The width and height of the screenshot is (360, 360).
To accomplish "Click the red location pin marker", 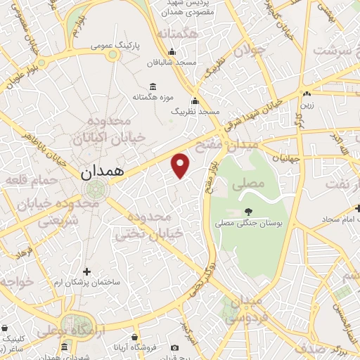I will click(181, 165).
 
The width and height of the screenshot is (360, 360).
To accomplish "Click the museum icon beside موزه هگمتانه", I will click(153, 86).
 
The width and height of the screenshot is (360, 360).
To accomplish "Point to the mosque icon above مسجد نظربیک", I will click(195, 100).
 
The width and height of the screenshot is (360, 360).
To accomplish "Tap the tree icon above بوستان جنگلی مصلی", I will click(248, 210).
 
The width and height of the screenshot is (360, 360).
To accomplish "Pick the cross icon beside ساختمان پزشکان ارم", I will click(87, 271).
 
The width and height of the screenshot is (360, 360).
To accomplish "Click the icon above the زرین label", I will click(307, 94).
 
